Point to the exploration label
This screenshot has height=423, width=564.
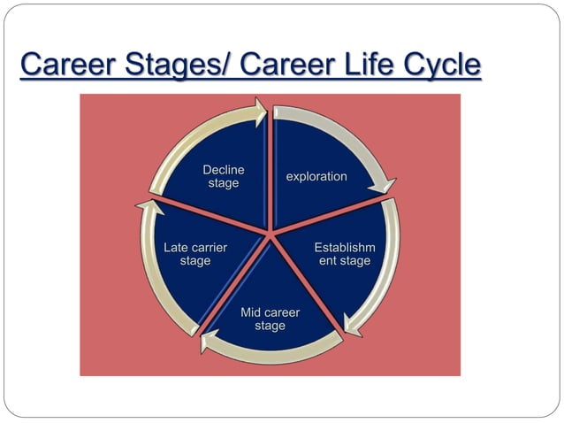(x=316, y=177)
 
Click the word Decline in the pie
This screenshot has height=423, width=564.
(x=224, y=170)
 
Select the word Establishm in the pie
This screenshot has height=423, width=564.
(x=345, y=248)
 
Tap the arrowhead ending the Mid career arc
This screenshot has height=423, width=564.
(x=206, y=342)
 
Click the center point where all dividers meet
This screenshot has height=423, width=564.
(x=270, y=232)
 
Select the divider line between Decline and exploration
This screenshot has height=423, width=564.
(x=269, y=168)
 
